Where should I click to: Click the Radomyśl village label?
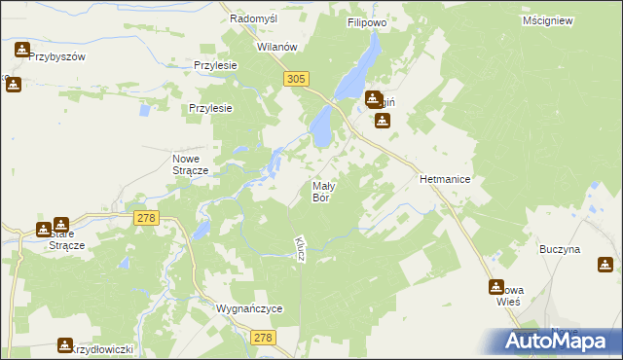click(254, 18)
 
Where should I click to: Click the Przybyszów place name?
click(57, 56)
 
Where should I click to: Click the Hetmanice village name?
click(445, 180)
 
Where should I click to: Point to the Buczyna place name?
click(560, 249)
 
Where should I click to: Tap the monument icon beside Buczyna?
click(605, 264)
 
